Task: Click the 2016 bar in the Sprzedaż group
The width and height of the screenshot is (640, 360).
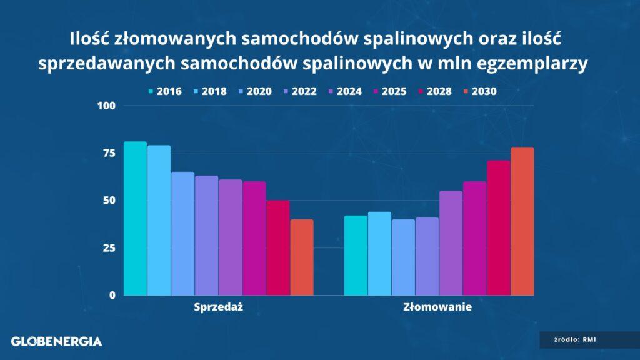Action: point(135,218)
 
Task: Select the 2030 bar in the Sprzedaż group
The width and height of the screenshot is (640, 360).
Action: point(302,257)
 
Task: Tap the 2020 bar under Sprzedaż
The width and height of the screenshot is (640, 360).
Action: point(183,234)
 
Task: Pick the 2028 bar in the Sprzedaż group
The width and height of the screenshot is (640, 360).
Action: point(278,247)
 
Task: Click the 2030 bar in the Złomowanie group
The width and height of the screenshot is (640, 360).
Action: point(522,221)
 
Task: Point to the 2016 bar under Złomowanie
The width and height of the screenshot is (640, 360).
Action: point(356,256)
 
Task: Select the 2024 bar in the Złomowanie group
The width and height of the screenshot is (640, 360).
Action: point(451,243)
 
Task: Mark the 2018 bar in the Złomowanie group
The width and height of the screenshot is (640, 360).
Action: point(379,254)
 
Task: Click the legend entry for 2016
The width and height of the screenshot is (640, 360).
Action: point(165,91)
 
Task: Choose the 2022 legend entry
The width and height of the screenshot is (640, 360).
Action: point(300,91)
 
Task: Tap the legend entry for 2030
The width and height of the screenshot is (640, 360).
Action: point(480,91)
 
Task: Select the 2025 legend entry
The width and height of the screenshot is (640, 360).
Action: point(390,91)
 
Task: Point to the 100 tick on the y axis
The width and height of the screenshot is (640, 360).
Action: point(106,106)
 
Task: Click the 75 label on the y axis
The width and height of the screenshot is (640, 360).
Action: point(109,153)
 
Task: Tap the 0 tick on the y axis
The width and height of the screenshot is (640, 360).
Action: point(112,296)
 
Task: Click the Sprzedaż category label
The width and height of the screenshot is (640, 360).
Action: point(218,307)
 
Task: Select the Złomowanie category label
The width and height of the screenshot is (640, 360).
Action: point(437,307)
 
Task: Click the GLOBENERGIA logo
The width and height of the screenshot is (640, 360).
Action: point(57,342)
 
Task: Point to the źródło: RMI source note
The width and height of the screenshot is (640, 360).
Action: point(575,339)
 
